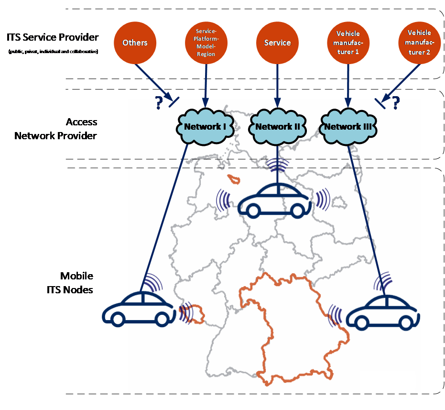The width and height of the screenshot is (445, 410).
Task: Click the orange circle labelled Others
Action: pyautogui.click(x=135, y=43)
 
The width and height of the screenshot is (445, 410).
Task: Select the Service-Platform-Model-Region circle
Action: pyautogui.click(x=206, y=43)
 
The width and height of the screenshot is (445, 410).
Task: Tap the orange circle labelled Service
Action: pyautogui.click(x=278, y=43)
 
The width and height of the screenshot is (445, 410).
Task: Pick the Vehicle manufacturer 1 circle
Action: pyautogui.click(x=348, y=43)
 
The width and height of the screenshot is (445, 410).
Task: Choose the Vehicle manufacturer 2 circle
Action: pyautogui.click(x=420, y=43)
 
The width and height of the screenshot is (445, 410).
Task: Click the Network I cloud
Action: pyautogui.click(x=205, y=127)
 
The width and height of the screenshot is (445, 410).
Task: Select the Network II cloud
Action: pyautogui.click(x=278, y=127)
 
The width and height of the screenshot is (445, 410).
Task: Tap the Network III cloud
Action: pyautogui.click(x=348, y=127)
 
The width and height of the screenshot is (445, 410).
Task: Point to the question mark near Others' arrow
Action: pyautogui.click(x=159, y=102)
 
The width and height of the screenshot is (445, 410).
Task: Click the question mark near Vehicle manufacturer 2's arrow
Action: pyautogui.click(x=396, y=102)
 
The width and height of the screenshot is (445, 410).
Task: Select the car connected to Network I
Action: pyautogui.click(x=139, y=309)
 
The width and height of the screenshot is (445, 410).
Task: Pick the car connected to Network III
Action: pyautogui.click(x=383, y=312)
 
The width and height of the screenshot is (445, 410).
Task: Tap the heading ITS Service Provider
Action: pyautogui.click(x=53, y=37)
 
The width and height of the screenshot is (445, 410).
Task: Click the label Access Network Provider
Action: pyautogui.click(x=55, y=129)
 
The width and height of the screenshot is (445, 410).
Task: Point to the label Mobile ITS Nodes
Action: pyautogui.click(x=70, y=283)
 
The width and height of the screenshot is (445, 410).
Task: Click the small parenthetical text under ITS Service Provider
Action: pyautogui.click(x=54, y=51)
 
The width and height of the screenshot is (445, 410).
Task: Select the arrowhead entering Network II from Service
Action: pyautogui.click(x=278, y=103)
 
